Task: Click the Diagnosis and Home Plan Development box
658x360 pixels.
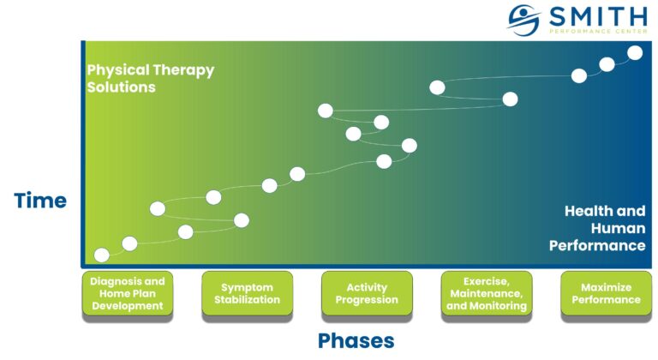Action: (127, 293)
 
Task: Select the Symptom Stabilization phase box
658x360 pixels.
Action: (247, 293)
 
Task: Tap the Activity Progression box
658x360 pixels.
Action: (367, 293)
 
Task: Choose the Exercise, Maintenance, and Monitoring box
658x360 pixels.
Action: (487, 293)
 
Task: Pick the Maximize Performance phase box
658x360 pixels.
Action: (606, 293)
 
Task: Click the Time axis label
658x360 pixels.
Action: (40, 201)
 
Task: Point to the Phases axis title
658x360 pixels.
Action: (356, 340)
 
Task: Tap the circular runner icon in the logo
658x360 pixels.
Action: (523, 20)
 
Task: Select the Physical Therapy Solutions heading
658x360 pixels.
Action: (150, 78)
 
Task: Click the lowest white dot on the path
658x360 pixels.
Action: (101, 255)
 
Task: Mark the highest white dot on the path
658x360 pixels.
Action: (635, 53)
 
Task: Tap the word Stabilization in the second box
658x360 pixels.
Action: (247, 300)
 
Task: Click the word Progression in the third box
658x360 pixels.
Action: (367, 300)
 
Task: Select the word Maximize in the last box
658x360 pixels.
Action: (606, 287)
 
